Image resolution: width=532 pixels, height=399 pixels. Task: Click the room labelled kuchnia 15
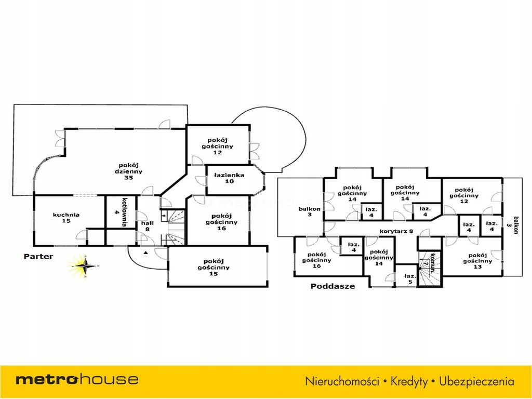[x=66, y=217]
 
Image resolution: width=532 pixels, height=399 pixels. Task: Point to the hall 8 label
[x=147, y=225]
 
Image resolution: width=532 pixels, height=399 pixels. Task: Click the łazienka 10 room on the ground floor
[x=229, y=178]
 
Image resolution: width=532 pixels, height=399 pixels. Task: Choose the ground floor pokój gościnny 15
[x=218, y=267]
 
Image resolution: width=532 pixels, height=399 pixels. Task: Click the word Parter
[x=38, y=257]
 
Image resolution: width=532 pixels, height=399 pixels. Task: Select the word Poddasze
[x=332, y=286]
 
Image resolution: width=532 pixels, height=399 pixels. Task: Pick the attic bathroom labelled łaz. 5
[x=409, y=279]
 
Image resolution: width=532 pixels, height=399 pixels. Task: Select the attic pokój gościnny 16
[x=317, y=260]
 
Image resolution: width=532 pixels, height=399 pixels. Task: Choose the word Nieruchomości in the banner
[x=341, y=381]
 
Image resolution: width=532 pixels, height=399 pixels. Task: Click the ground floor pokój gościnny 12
[x=218, y=146]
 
